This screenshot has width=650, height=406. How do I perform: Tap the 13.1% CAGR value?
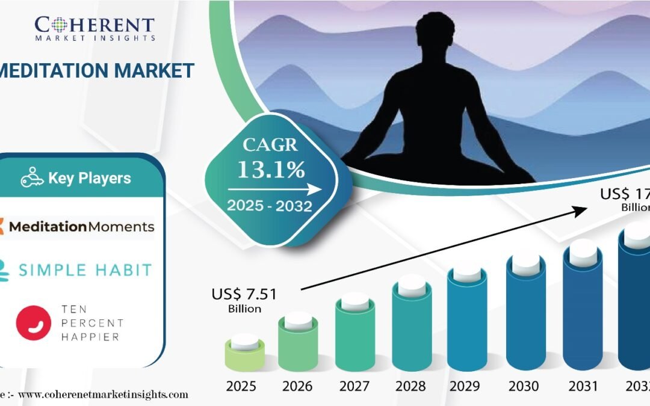click(x=271, y=170)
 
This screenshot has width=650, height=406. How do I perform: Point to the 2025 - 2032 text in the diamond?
click(x=269, y=206)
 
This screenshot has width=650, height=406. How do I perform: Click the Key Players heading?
click(x=89, y=178)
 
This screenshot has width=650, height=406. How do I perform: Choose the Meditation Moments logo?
click(x=77, y=227)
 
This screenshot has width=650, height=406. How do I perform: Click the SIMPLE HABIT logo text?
click(x=85, y=269)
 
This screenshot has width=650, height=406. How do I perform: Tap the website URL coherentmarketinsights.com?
click(x=102, y=395)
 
